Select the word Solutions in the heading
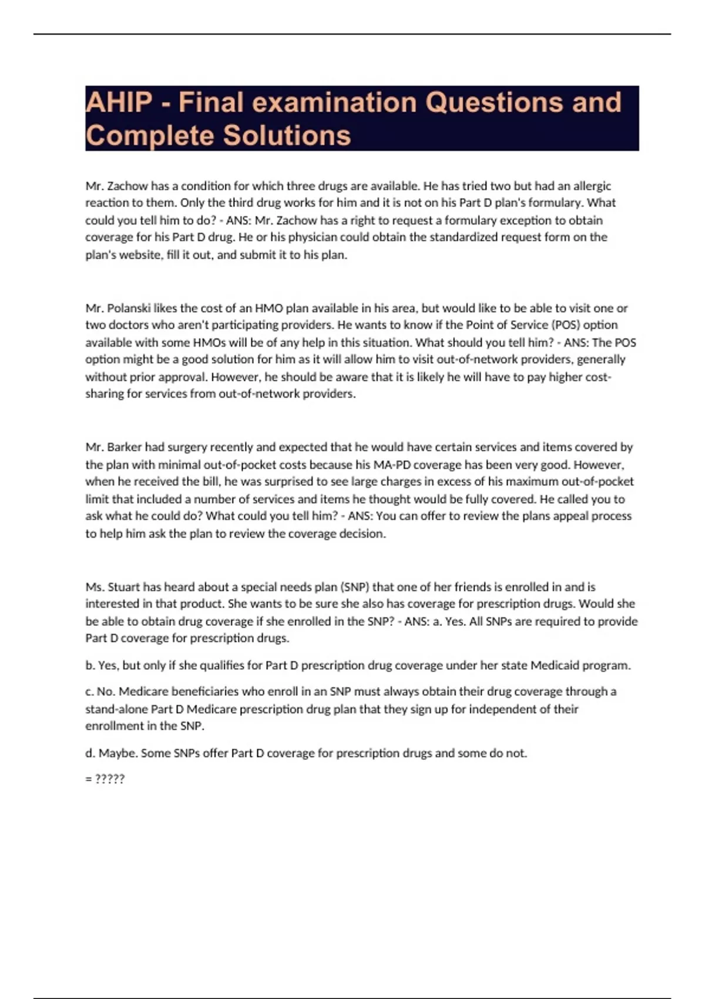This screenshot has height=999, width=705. (x=287, y=135)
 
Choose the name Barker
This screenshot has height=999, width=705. (x=125, y=447)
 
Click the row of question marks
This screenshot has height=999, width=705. (x=109, y=779)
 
